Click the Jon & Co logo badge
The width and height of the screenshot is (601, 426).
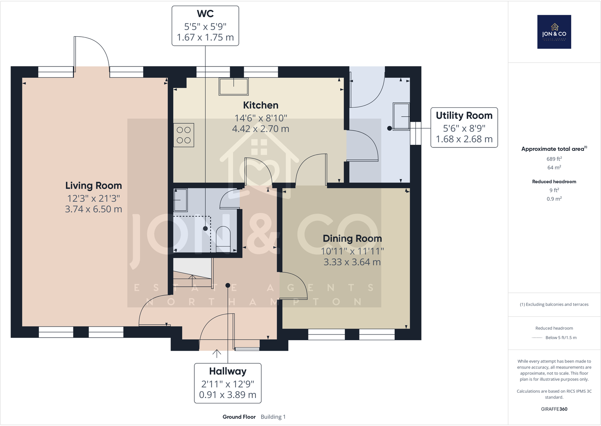554,32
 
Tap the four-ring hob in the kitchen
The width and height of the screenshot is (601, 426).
184,135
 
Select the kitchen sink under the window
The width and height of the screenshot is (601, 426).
234,87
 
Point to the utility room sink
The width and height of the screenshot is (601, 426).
401,116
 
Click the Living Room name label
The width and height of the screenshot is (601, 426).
94,186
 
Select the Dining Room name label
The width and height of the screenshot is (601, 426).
352,239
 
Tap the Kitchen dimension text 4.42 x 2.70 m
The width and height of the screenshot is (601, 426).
260,129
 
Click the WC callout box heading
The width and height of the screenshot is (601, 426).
205,14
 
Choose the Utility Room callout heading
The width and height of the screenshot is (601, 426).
464,116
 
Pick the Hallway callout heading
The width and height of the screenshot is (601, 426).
228,371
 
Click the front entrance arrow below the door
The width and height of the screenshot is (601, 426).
217,353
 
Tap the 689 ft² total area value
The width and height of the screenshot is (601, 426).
554,159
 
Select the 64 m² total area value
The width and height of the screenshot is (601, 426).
554,167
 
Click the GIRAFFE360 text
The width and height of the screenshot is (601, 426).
554,409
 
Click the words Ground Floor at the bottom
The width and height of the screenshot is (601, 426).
239,417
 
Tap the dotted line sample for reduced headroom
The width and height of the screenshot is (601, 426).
537,338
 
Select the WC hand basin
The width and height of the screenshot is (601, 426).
180,200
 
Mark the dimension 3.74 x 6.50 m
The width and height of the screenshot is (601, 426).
94,209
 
